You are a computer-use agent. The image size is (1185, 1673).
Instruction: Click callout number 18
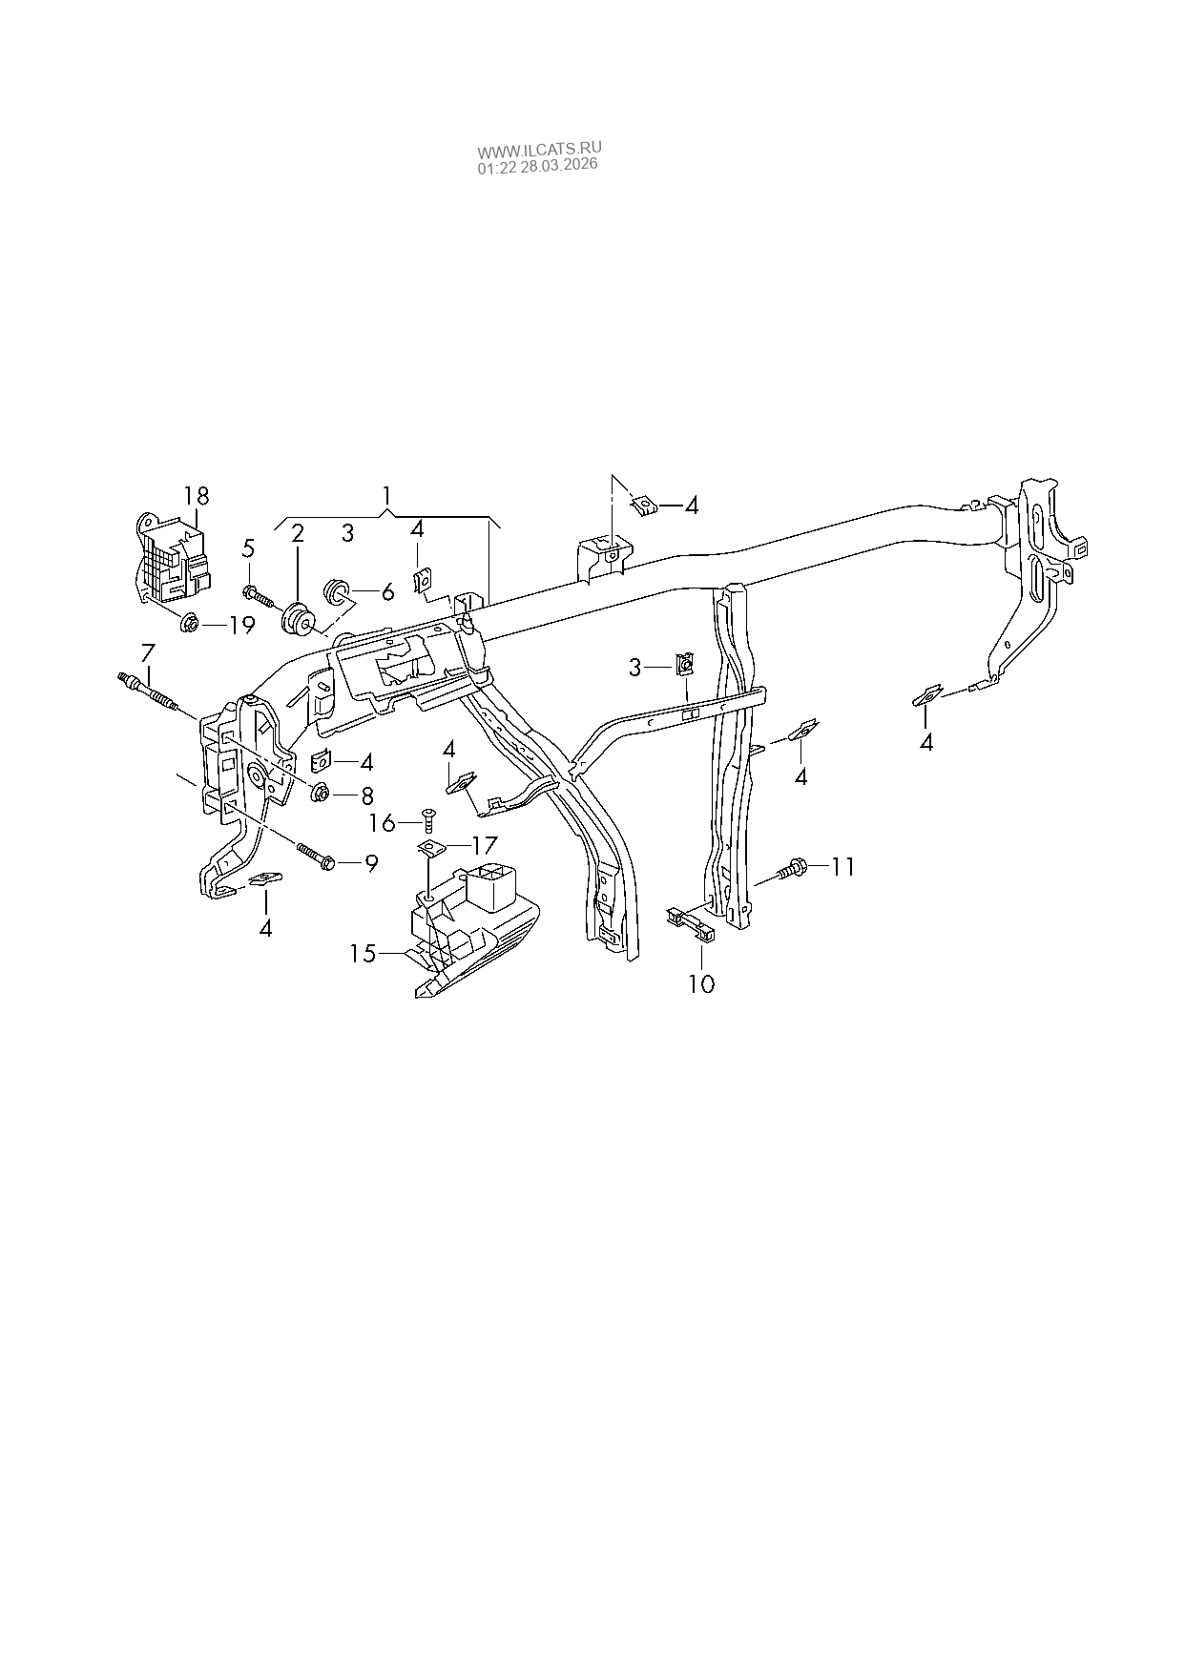coord(197,496)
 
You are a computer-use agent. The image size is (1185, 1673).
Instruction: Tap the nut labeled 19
coord(188,625)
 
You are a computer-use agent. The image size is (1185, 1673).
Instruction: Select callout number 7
coord(147,654)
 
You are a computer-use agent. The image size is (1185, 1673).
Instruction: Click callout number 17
coord(485,844)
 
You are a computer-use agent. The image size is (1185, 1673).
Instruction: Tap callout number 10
coord(701,983)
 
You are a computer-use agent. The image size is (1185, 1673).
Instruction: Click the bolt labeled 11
coord(793,869)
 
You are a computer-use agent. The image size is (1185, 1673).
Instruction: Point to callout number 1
coord(386,496)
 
